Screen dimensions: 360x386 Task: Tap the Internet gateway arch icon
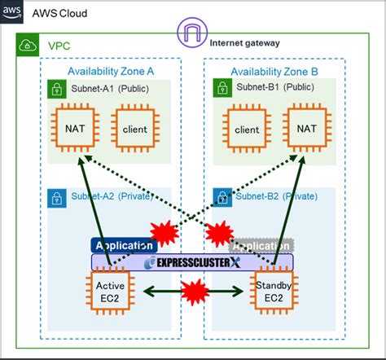click(192, 34)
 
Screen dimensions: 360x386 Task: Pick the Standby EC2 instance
click(273, 291)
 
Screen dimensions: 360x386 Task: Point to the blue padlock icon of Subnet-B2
click(222, 197)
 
